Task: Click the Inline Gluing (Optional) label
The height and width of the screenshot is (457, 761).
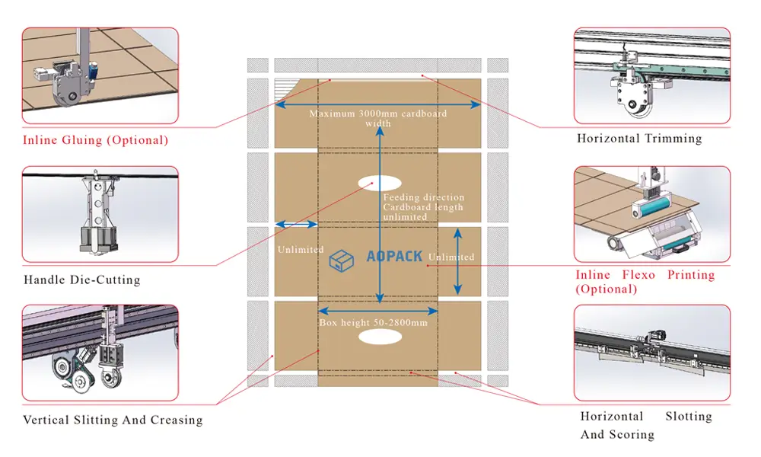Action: click(95, 140)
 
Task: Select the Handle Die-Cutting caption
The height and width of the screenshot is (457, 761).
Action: click(82, 280)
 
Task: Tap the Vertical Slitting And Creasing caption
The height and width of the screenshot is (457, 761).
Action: click(113, 420)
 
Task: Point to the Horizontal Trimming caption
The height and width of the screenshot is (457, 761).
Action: click(639, 139)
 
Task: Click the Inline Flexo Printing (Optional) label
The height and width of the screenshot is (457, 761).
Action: click(645, 282)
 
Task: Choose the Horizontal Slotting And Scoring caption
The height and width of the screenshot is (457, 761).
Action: click(646, 426)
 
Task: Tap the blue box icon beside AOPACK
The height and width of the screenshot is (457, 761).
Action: click(341, 260)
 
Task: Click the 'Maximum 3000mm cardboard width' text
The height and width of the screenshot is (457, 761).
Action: click(377, 118)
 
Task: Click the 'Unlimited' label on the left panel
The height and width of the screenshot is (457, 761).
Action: click(301, 249)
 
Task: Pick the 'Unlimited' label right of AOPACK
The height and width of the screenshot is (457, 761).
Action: click(451, 257)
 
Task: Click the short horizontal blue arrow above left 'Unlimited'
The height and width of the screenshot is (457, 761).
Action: click(296, 225)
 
